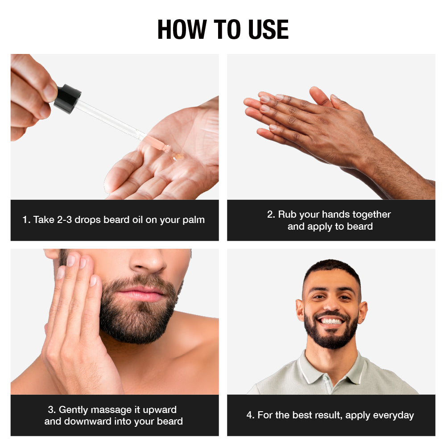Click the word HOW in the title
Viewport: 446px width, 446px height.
tap(182, 29)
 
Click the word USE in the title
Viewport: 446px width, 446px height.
tap(267, 29)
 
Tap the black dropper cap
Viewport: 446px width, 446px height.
tap(67, 98)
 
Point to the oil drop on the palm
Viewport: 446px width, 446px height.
tap(178, 157)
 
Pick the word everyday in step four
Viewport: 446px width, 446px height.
tap(393, 415)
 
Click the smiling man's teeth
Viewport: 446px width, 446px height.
tap(331, 321)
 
